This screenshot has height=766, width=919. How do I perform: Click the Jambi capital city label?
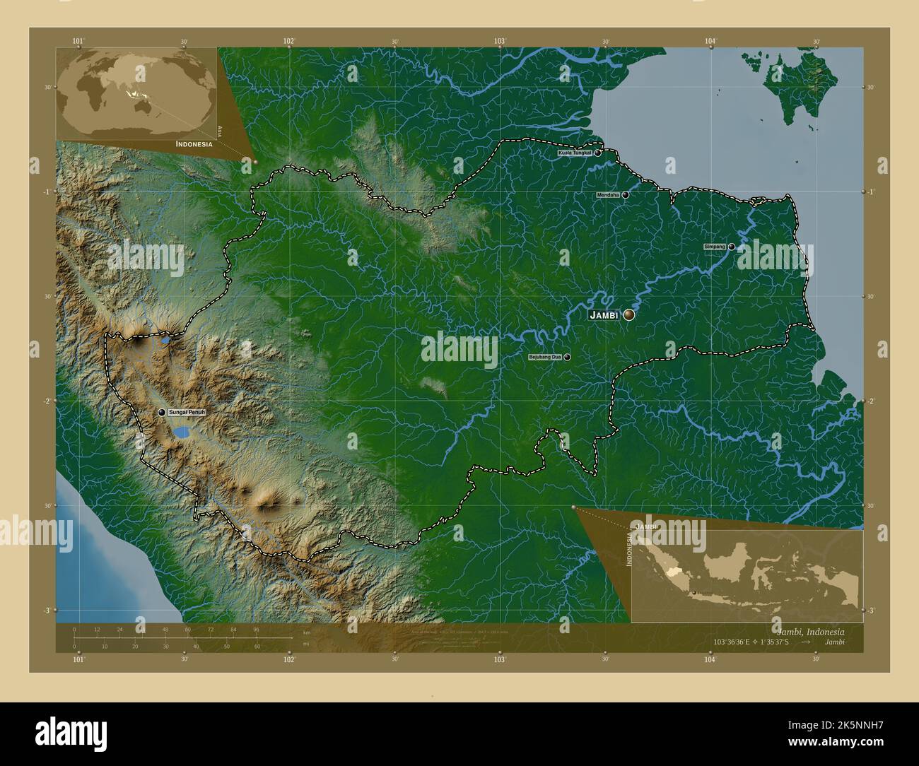point(604,315)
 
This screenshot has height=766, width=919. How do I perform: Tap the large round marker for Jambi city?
point(628,315)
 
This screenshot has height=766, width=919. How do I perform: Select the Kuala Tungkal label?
point(574,153)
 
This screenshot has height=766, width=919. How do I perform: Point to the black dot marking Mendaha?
point(626,195)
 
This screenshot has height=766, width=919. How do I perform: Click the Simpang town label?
point(715,247)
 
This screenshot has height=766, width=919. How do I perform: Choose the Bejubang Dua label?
point(544,358)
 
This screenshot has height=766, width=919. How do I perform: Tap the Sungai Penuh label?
point(186,412)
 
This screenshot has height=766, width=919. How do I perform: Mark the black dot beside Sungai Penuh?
point(162,412)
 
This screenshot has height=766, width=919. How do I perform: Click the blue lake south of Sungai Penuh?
point(182,431)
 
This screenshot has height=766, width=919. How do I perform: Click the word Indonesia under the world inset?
point(194,143)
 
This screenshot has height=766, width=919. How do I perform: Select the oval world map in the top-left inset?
point(138,88)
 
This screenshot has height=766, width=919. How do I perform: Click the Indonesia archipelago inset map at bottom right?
point(747,575)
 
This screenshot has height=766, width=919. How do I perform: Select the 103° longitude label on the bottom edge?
point(500,659)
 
